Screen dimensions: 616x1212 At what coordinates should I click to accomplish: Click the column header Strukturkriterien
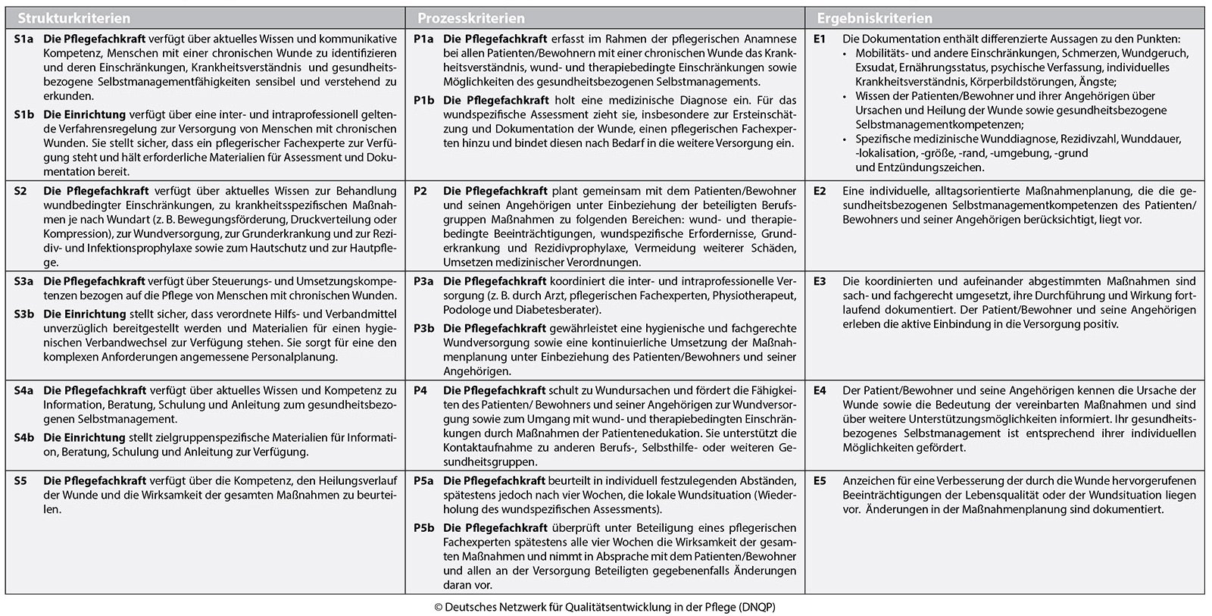click(x=73, y=18)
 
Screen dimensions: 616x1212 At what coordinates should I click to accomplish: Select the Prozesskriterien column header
click(x=471, y=18)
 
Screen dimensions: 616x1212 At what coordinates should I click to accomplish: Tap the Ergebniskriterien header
click(x=874, y=18)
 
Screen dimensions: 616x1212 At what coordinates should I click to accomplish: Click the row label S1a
click(x=23, y=39)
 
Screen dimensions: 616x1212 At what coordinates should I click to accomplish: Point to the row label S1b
click(x=23, y=114)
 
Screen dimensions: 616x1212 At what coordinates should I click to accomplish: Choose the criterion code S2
click(x=20, y=191)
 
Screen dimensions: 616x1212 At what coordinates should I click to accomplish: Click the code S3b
click(x=23, y=314)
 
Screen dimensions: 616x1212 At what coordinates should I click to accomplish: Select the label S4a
click(x=23, y=390)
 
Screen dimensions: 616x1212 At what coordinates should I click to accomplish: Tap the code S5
click(x=20, y=480)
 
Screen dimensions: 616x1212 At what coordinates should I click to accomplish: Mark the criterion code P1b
click(x=423, y=100)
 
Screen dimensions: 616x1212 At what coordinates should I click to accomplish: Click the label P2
click(x=420, y=191)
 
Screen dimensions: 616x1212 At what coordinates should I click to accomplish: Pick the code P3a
click(x=423, y=281)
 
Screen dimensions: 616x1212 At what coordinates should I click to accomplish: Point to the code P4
click(x=420, y=390)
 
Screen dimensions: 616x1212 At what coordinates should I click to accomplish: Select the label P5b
click(x=423, y=527)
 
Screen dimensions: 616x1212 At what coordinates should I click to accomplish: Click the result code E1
click(x=820, y=39)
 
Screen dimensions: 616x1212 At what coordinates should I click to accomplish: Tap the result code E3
click(x=820, y=281)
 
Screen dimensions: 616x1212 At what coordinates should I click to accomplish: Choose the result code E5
click(x=820, y=480)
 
